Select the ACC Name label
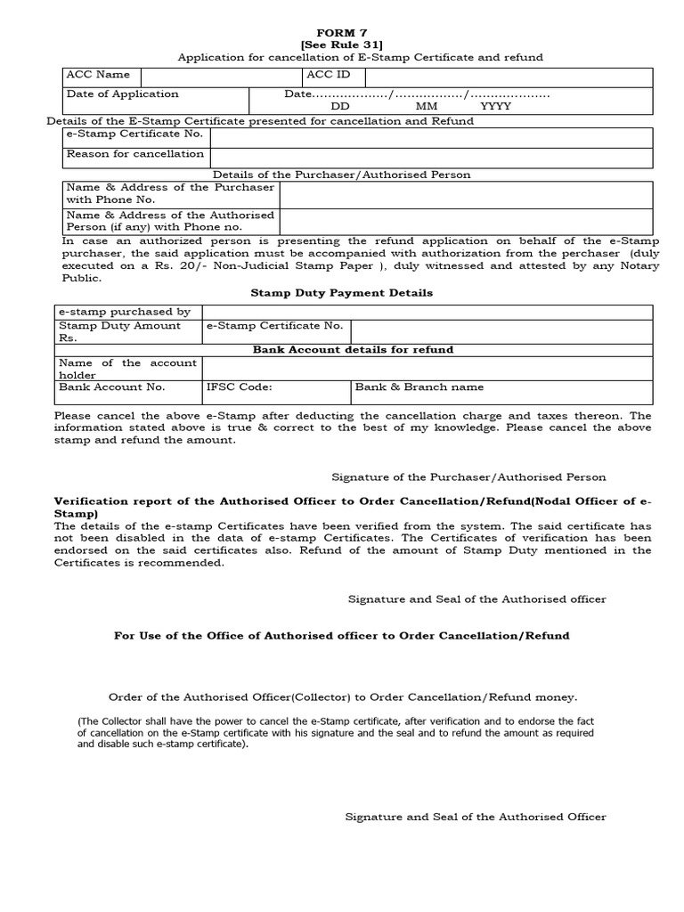tap(98, 75)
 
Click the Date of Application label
tap(122, 94)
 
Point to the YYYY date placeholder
tap(496, 106)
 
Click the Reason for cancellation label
tap(135, 154)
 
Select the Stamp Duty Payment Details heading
tap(341, 292)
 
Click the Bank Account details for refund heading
tap(353, 349)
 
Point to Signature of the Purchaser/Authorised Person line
tap(468, 477)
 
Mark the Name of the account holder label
tap(128, 368)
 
